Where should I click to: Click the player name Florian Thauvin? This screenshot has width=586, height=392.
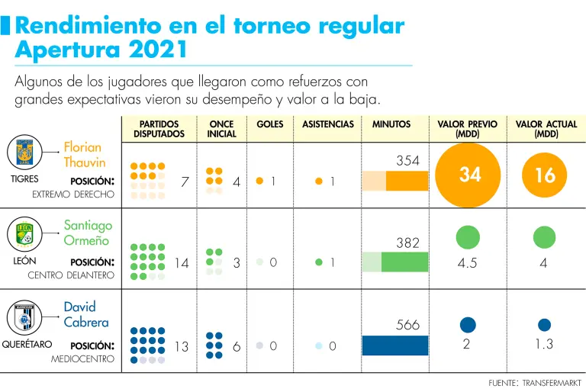pos(84,155)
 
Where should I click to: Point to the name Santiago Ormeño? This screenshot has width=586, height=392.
pos(88,233)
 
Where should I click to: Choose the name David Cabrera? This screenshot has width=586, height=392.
pos(85,314)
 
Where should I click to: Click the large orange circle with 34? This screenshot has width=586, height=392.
pos(470,174)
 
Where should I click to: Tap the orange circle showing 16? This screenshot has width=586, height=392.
pos(545,175)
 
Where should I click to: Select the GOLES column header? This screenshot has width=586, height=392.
pos(270,124)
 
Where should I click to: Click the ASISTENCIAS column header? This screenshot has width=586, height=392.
pos(328,124)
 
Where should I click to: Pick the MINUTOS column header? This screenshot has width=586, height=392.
pos(391,124)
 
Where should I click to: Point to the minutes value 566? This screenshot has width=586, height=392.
pos(408,325)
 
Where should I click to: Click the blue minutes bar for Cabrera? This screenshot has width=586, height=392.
pos(395,345)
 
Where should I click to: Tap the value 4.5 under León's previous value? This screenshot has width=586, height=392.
pos(467,263)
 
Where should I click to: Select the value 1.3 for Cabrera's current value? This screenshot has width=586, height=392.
pos(544,345)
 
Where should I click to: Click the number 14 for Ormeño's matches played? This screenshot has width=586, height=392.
pos(182,263)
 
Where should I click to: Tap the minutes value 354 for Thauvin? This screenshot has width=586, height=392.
pos(408,160)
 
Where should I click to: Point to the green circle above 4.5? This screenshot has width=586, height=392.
pos(468,237)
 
